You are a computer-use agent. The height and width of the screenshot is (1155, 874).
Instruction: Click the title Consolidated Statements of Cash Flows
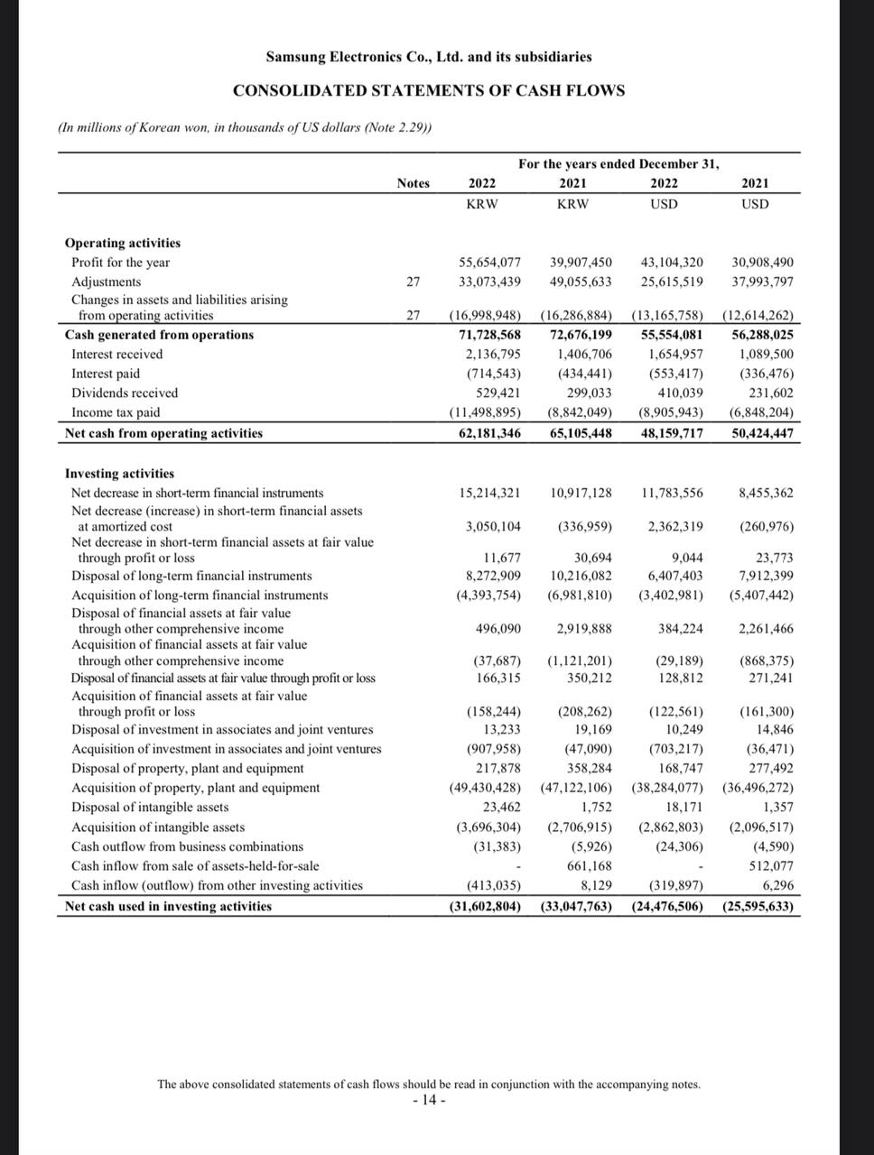[x=429, y=90]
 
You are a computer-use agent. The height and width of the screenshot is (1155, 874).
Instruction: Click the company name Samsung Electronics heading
[x=429, y=57]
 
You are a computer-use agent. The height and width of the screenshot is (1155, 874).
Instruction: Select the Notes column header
[x=413, y=183]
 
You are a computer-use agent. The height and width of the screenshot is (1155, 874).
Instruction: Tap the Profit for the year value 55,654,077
[x=490, y=263]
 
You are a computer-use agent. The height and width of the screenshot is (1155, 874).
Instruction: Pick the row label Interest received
[x=117, y=355]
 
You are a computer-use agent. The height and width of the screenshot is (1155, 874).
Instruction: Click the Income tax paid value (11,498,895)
[x=486, y=412]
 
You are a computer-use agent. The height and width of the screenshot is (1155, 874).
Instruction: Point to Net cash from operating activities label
[x=163, y=433]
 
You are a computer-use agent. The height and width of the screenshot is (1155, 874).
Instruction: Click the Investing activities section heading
[x=119, y=474]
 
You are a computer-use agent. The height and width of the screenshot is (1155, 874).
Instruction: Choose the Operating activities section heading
[x=123, y=243]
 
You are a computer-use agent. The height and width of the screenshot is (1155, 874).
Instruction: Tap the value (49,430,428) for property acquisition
[x=486, y=788]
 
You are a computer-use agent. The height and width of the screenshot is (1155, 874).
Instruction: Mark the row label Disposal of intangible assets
[x=150, y=808]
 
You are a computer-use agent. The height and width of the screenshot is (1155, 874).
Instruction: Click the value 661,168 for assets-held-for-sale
[x=589, y=866]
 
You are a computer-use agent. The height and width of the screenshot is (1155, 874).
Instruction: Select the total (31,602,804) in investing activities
[x=486, y=906]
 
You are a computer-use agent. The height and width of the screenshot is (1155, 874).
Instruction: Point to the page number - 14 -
[x=429, y=1101]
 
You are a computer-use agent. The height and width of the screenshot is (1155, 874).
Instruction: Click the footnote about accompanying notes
[x=429, y=1084]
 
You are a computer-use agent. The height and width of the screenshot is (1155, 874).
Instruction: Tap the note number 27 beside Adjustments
[x=413, y=282]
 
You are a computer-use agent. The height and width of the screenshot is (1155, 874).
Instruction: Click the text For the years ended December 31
[x=618, y=164]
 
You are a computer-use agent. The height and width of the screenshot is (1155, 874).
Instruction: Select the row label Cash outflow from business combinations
[x=187, y=846]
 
